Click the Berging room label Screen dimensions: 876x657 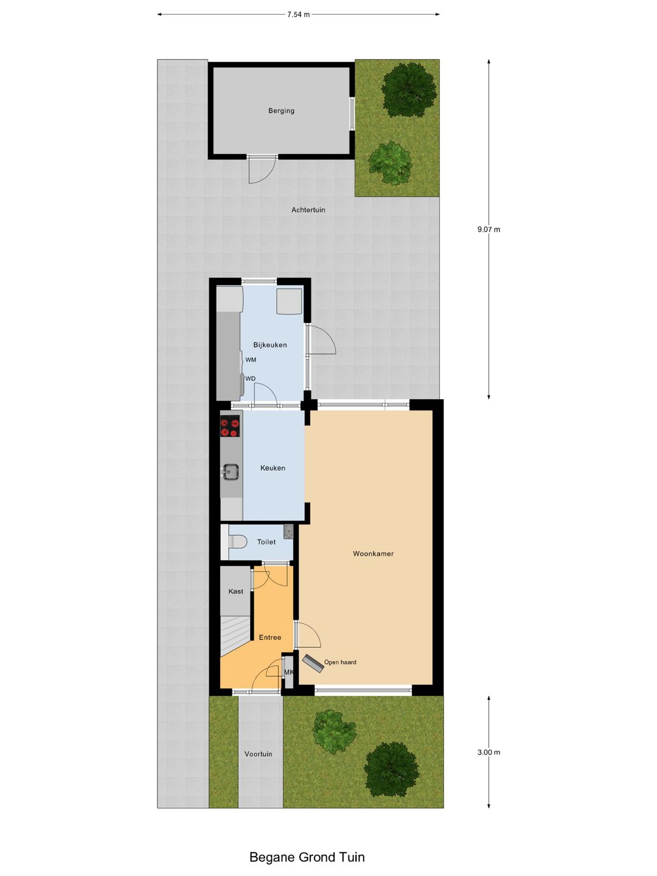[x=281, y=111]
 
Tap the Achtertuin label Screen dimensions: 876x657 [x=308, y=210]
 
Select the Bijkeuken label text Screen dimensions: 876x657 [x=270, y=345]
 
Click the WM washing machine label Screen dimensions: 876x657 [x=251, y=360]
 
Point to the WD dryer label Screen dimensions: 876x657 [x=250, y=379]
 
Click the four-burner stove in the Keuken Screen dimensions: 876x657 [x=230, y=426]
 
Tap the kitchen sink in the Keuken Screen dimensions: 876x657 [x=231, y=471]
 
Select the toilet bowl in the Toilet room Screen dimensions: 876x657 [x=237, y=541]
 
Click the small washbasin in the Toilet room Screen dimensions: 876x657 [x=288, y=532]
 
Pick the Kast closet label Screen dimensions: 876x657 [x=235, y=591]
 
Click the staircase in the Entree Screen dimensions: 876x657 [x=234, y=634]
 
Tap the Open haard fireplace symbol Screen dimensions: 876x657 [x=313, y=663]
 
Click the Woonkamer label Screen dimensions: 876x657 [x=373, y=554]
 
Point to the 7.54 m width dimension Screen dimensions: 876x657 [x=298, y=15]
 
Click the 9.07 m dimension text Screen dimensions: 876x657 [x=488, y=229]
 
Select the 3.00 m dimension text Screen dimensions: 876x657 [x=488, y=753]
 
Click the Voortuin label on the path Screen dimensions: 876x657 [x=259, y=754]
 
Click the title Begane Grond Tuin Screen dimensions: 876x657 [x=307, y=857]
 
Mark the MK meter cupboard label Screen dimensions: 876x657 [x=289, y=672]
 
